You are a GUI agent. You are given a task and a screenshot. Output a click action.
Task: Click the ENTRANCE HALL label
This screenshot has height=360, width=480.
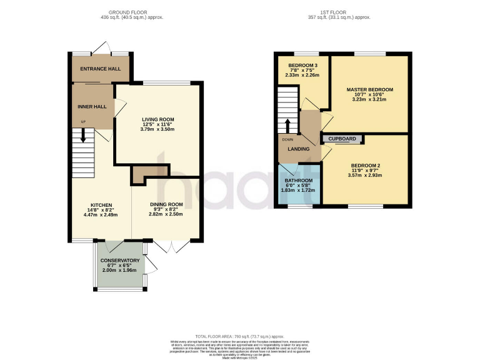[x=100, y=68]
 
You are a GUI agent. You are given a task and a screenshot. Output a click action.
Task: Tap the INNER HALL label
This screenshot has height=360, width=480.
[x=92, y=107]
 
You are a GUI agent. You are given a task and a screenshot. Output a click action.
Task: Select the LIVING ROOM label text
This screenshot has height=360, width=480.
[x=157, y=119]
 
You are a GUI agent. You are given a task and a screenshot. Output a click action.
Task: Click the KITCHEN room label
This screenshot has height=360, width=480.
[x=101, y=205]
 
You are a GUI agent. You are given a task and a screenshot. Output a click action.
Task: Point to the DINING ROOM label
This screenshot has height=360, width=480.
[x=166, y=204]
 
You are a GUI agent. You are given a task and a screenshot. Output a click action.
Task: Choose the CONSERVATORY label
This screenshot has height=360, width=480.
[x=119, y=260]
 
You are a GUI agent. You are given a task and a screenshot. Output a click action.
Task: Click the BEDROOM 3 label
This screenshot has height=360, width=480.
[x=302, y=66]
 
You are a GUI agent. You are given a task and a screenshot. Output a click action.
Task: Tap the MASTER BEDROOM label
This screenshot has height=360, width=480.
[x=369, y=89]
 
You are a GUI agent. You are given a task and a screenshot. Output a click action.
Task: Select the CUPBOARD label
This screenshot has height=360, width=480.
[x=342, y=138]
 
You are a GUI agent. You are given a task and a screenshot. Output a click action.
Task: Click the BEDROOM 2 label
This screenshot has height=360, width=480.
[x=362, y=166]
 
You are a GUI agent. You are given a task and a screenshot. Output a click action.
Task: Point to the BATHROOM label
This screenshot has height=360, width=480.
[x=298, y=180]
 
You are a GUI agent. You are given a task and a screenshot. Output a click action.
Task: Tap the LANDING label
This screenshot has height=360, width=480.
[x=298, y=149]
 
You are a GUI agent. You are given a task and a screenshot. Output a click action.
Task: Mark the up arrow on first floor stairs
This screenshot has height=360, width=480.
[x=288, y=124]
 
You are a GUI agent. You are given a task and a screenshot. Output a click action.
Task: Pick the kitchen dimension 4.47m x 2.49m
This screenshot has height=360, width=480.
[x=101, y=215]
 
